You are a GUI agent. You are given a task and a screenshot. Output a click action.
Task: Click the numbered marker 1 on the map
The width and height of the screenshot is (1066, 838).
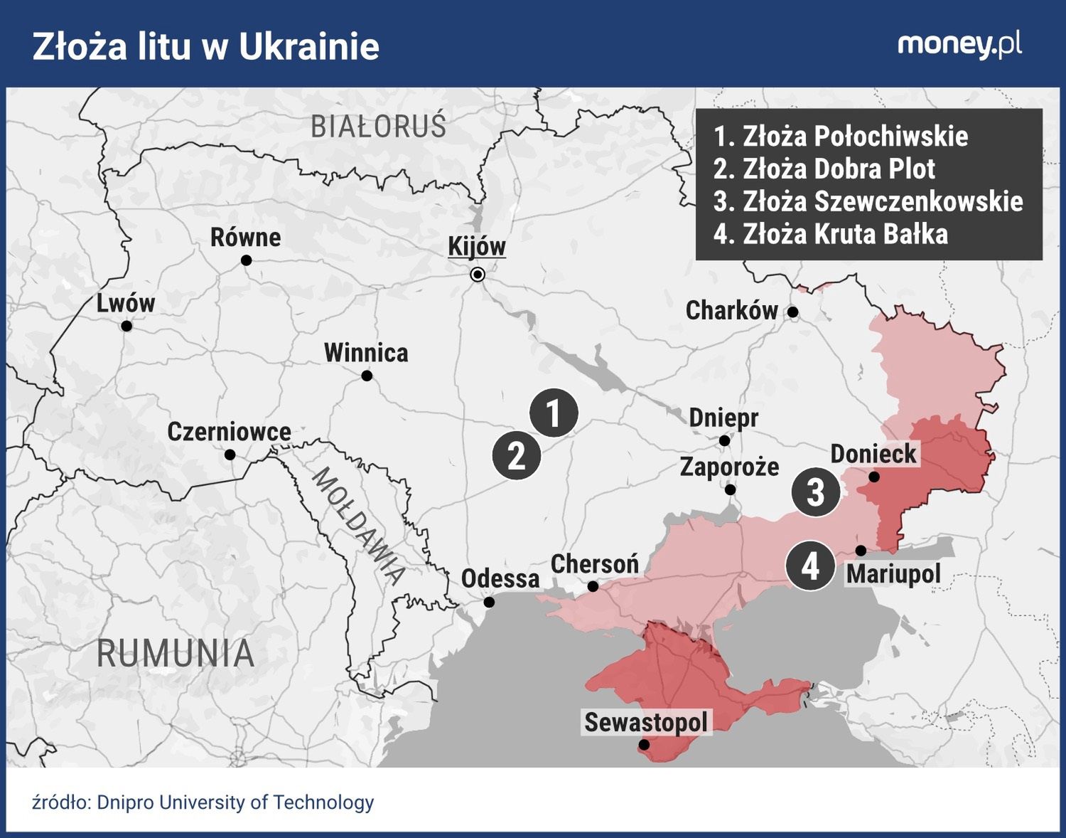point(554,413)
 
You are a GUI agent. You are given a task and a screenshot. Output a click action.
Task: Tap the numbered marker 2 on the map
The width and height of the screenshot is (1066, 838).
point(517,455)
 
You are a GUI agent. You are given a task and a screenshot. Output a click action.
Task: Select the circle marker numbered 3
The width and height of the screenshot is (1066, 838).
point(816,492)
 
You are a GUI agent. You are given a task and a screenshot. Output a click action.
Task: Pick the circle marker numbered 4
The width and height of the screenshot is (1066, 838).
point(809,566)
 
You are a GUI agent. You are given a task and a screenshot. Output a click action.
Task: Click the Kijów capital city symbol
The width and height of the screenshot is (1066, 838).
point(478,275)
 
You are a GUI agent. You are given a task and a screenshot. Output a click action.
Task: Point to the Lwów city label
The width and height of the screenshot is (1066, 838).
point(126,303)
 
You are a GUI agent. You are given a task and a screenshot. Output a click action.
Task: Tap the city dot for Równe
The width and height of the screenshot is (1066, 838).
point(247,260)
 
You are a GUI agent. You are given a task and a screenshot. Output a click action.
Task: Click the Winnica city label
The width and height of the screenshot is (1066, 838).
point(366,353)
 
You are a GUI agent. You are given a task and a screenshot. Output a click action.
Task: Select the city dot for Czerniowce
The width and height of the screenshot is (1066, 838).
point(230,455)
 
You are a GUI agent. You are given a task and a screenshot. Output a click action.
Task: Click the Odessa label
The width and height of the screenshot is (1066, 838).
point(500,578)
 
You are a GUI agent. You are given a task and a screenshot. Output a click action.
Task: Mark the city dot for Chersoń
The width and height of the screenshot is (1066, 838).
point(593,587)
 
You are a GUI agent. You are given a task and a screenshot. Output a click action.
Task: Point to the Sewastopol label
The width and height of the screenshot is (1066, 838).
point(646,723)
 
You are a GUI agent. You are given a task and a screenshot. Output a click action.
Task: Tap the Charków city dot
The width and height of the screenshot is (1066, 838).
point(793,312)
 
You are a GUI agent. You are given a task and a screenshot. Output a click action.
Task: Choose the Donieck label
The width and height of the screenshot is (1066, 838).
point(873,454)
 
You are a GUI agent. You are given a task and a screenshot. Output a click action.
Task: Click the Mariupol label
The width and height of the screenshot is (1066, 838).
point(893,573)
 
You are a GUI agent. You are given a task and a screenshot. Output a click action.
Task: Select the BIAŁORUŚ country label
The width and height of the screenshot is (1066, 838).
point(378,127)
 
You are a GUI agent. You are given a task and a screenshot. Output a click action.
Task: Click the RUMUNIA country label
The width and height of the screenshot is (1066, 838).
point(176,654)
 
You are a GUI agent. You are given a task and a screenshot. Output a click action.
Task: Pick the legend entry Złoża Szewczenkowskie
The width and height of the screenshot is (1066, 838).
point(868,201)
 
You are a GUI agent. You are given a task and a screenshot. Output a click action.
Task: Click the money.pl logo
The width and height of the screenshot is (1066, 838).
point(959,45)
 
